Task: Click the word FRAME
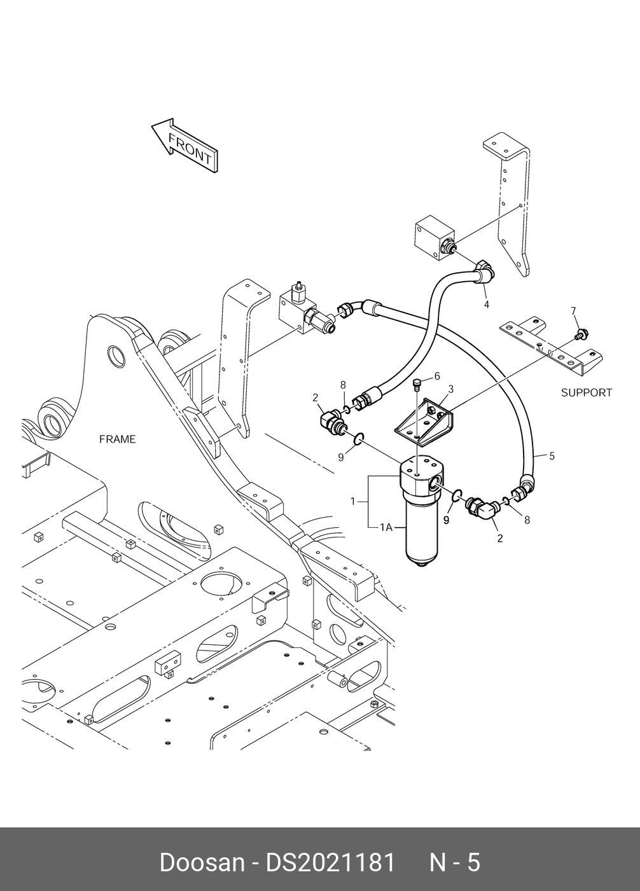point(118,439)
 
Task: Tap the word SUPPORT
point(586,392)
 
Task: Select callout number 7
point(573,310)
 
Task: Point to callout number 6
point(437,376)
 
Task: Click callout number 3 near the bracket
point(450,389)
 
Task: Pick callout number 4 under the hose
point(487,305)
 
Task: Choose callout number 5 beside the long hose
point(552,455)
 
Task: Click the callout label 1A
point(386,527)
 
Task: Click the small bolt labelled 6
point(417,383)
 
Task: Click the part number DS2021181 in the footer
point(330,862)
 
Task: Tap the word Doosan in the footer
point(202,862)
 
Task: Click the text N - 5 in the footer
point(455,862)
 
